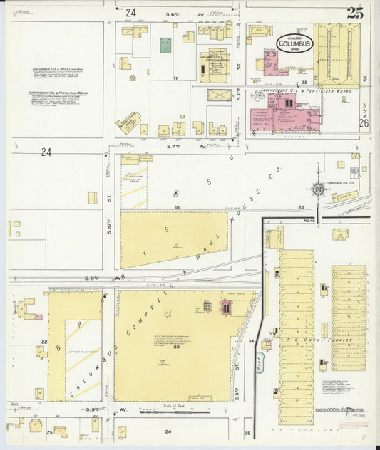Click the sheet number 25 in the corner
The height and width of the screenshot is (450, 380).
coord(354,12)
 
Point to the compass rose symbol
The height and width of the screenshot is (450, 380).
coord(317,189)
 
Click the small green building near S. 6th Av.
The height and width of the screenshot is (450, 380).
coord(165,45)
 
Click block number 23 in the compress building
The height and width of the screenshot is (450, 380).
coord(174,347)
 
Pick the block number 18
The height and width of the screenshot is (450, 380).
coord(175,206)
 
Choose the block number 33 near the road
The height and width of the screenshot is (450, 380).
coord(302,206)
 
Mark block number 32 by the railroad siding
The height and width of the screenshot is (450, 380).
coord(304,82)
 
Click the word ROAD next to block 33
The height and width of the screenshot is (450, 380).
coord(308,221)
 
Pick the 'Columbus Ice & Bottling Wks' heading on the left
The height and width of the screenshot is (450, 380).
coord(58,70)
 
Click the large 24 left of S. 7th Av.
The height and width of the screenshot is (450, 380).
coord(46,152)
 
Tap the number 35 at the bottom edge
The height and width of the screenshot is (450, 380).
coord(247,432)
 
